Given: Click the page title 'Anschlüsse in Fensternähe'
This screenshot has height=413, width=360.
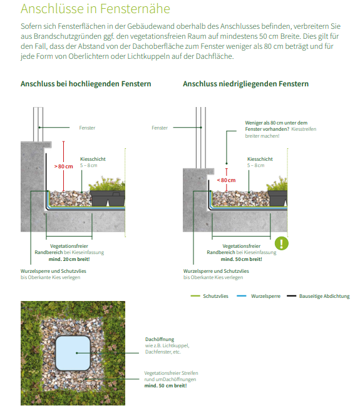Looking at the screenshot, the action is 95,9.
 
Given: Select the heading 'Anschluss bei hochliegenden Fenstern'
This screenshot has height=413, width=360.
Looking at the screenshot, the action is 86,84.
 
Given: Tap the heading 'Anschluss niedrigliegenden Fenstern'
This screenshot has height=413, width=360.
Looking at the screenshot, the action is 245,84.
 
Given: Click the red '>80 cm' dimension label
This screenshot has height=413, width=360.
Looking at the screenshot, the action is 63,166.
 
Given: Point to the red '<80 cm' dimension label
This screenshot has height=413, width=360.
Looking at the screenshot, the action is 226,180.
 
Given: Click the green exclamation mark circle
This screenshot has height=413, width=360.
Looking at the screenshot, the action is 282,243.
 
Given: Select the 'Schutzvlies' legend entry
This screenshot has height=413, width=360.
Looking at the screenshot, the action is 210,296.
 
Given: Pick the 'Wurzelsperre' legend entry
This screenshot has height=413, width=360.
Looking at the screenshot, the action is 259,296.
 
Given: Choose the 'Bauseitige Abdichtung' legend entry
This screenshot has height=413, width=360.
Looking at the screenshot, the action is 318,296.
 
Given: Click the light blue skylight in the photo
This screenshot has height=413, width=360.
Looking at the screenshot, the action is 73,353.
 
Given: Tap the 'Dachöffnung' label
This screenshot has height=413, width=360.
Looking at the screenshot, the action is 160,339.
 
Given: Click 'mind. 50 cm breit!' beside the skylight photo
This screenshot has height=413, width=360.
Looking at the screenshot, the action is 165,385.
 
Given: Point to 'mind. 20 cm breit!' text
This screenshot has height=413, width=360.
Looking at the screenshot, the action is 69,259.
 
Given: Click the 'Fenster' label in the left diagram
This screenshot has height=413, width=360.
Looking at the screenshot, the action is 87,128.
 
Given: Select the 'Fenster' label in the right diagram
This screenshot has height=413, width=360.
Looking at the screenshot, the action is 160,128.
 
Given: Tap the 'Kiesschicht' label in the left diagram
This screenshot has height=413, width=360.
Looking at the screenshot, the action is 93,159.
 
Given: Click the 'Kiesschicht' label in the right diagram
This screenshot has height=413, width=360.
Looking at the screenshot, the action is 260,159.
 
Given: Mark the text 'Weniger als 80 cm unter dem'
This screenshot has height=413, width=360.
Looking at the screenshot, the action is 276,123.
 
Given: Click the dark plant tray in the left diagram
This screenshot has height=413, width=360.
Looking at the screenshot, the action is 108,198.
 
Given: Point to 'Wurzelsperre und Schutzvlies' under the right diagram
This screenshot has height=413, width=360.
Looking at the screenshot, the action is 216,271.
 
